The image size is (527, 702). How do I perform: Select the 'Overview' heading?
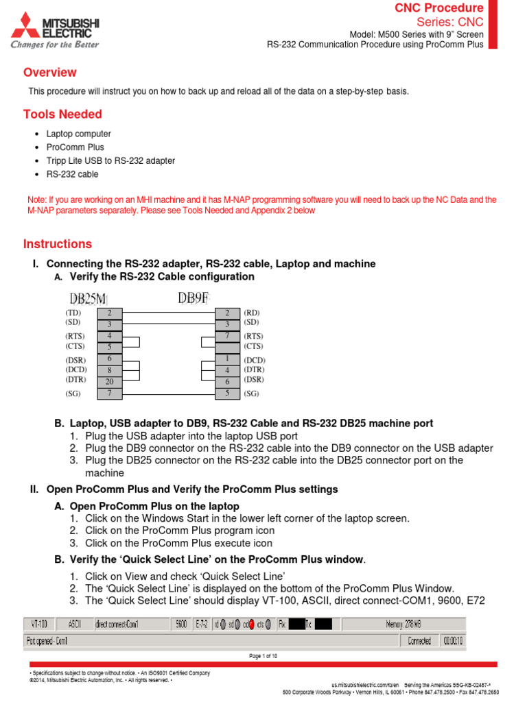click(49, 73)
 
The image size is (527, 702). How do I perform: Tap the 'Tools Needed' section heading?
click(62, 114)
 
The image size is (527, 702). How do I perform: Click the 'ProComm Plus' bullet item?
click(75, 147)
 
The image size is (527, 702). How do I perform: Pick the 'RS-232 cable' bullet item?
click(73, 174)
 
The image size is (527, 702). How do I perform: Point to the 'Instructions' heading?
click(57, 244)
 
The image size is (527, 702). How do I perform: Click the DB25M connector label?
click(88, 298)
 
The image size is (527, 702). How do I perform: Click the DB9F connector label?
click(194, 298)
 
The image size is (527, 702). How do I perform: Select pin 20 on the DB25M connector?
click(109, 382)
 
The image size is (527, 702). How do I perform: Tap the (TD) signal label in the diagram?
click(74, 313)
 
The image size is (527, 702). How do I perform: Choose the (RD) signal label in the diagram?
click(252, 313)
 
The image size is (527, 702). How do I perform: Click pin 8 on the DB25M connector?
click(109, 370)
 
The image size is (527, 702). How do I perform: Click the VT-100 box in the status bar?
click(39, 624)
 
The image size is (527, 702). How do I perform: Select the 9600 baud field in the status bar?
click(181, 624)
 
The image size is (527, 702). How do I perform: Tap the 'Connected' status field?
click(419, 641)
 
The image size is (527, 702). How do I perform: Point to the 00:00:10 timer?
click(452, 641)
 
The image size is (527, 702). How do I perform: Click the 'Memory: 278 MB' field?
click(403, 624)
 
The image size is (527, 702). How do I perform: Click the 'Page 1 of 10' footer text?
click(263, 656)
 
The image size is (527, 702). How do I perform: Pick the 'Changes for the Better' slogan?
click(54, 45)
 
